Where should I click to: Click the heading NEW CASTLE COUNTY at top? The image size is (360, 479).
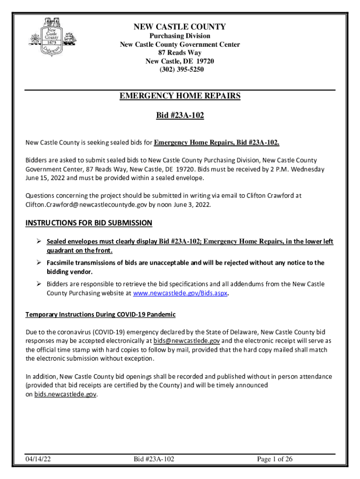click(180, 27)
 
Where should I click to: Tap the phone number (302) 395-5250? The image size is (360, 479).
click(180, 70)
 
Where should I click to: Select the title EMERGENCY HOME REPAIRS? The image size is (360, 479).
click(180, 96)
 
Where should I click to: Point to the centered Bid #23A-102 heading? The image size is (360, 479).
click(180, 115)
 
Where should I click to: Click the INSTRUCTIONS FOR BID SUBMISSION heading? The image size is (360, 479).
click(89, 223)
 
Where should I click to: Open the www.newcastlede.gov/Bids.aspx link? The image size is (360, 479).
click(180, 293)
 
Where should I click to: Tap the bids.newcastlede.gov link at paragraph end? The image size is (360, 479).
click(65, 394)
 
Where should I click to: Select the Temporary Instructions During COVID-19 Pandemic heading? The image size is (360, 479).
click(101, 314)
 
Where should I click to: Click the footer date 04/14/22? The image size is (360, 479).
click(38, 459)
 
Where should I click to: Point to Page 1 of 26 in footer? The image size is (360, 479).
click(275, 459)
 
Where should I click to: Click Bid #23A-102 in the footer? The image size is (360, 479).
click(154, 459)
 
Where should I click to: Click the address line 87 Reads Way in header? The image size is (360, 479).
click(180, 53)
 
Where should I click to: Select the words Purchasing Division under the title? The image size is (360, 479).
click(180, 36)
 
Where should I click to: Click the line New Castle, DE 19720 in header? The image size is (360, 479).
click(180, 61)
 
